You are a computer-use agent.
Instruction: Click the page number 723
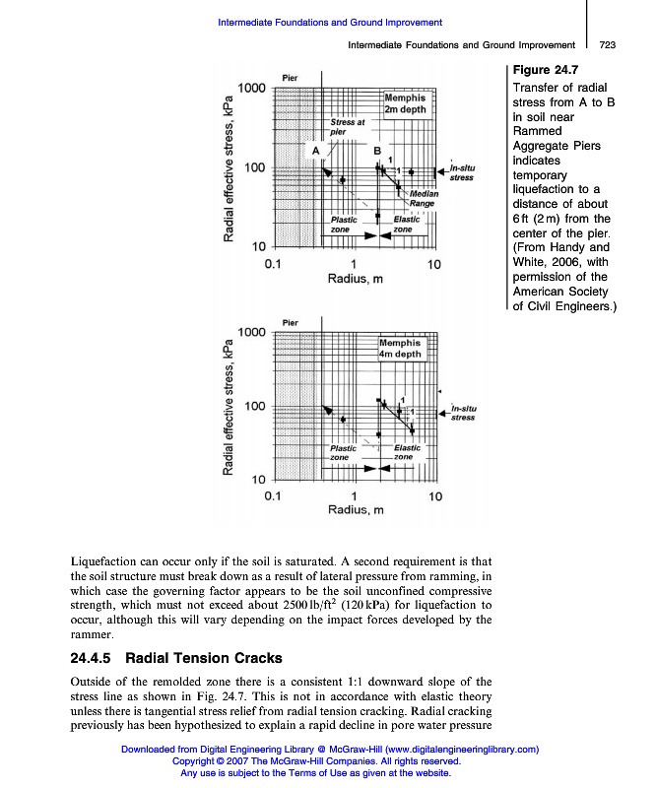coord(607,45)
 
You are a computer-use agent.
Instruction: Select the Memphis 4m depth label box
coord(399,348)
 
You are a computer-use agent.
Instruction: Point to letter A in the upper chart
coord(315,151)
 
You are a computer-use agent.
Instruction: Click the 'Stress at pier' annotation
coord(347,126)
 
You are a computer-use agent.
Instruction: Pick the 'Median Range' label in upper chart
coord(424,199)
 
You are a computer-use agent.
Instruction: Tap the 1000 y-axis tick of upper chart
coord(252,89)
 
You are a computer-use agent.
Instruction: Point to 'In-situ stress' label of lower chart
coord(463,412)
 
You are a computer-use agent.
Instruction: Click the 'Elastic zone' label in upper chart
coord(406,224)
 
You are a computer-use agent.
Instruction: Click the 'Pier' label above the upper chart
coord(290,78)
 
